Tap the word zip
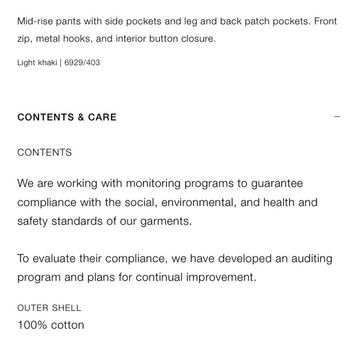(24, 38)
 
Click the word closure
(197, 38)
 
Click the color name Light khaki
(37, 63)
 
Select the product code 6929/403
(82, 63)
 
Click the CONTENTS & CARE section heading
(67, 117)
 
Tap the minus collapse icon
(337, 117)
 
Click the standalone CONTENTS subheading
(45, 153)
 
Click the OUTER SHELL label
(49, 308)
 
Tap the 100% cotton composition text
(51, 325)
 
